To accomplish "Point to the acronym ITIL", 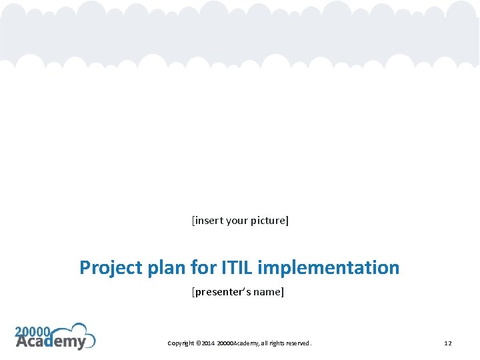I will click(x=237, y=268).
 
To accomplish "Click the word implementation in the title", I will click(x=328, y=268).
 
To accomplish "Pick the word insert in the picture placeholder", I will click(x=209, y=220).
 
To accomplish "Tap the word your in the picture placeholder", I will click(x=237, y=220).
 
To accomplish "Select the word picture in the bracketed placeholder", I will click(x=269, y=220).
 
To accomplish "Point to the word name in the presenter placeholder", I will click(x=269, y=292).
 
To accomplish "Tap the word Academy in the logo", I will click(x=51, y=342).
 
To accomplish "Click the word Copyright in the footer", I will click(x=181, y=343).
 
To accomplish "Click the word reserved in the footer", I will click(x=299, y=343).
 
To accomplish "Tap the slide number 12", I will click(x=448, y=343).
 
